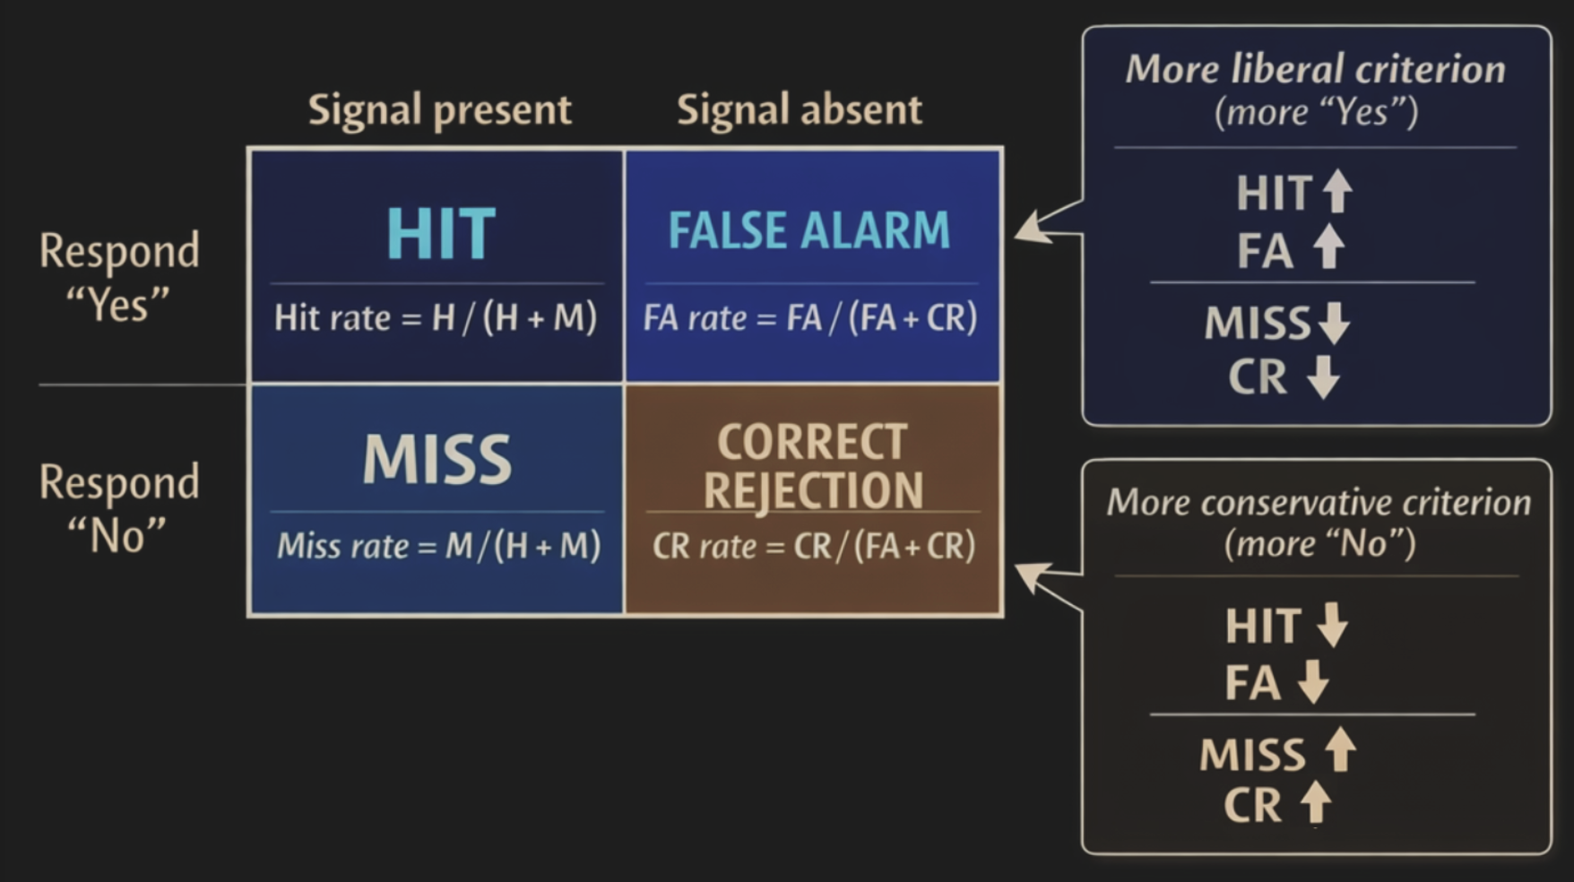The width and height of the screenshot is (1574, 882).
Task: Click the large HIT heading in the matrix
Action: [440, 234]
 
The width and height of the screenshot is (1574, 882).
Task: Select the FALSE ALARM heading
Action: [809, 230]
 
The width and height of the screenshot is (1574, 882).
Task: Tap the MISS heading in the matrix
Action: [437, 460]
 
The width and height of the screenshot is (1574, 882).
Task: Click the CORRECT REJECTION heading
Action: [813, 466]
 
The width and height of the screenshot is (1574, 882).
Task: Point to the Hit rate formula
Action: [436, 318]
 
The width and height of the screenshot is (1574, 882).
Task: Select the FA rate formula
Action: [810, 318]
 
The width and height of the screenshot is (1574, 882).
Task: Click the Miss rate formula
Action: [438, 546]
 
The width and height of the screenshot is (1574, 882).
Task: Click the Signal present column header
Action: [439, 110]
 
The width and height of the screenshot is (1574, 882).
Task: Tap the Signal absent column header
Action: [799, 110]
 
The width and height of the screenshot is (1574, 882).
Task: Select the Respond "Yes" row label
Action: [118, 276]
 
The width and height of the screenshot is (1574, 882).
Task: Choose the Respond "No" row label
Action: [118, 508]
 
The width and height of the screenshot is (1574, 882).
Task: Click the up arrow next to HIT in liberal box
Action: [1337, 191]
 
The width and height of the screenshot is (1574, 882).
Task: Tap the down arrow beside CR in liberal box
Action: [1323, 377]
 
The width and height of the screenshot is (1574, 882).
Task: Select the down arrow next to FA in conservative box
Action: [1313, 682]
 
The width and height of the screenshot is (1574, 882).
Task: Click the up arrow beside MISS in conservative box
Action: [1340, 749]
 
